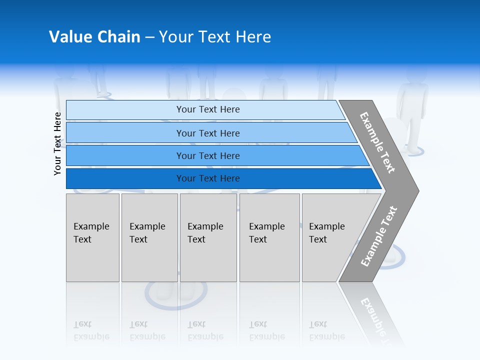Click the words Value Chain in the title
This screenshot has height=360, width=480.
click(94, 37)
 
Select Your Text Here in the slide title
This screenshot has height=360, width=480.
click(215, 37)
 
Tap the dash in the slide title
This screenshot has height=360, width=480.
click(149, 37)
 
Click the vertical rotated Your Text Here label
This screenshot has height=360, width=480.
click(57, 143)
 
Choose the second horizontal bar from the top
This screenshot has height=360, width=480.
click(207, 133)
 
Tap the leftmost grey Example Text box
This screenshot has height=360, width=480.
click(92, 237)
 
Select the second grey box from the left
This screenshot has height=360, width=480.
click(149, 237)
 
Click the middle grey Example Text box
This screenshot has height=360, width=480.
click(208, 237)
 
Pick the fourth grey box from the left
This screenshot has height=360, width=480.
click(269, 237)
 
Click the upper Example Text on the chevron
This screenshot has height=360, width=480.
click(377, 142)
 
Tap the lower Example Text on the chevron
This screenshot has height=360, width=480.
click(379, 236)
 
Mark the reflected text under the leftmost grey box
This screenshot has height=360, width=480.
click(91, 330)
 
